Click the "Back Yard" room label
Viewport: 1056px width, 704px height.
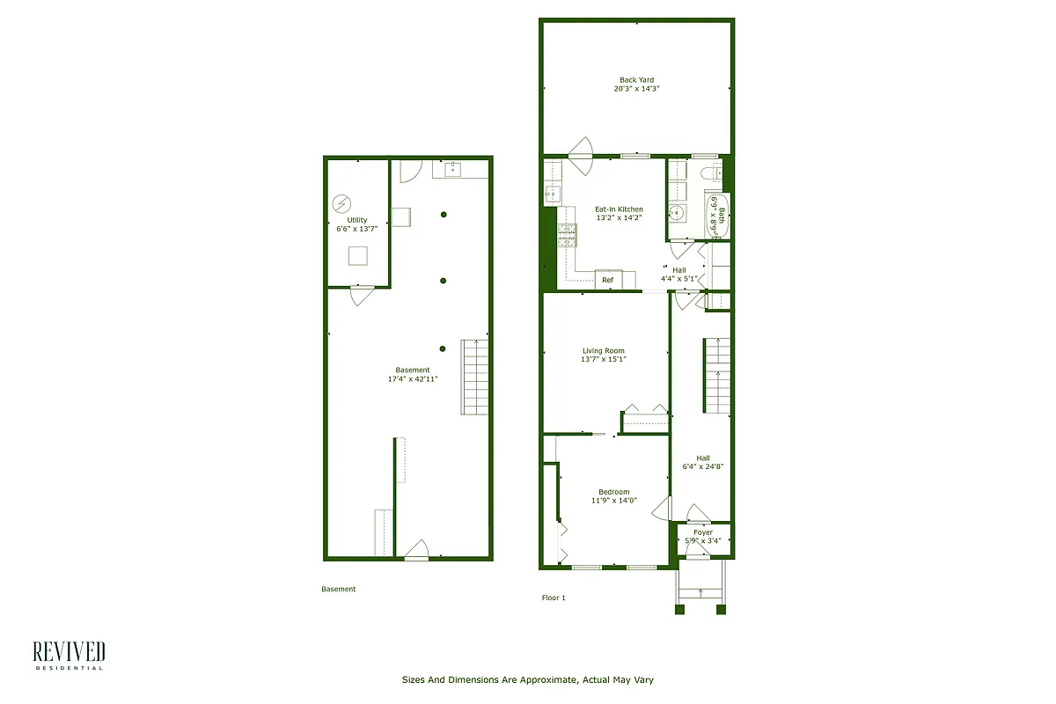point(636,80)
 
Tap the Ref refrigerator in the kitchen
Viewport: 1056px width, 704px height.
point(607,280)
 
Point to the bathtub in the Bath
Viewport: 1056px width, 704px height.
point(717,215)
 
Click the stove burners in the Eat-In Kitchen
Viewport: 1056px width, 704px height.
point(567,233)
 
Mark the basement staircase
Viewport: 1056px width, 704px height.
point(475,377)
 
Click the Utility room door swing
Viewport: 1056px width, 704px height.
point(361,296)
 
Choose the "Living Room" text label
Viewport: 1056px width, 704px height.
point(603,351)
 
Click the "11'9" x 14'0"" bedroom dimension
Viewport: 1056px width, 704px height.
point(613,501)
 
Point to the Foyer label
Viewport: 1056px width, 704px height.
point(702,532)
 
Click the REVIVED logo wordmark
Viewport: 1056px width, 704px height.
point(69,652)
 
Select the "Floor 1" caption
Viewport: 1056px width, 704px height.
point(554,598)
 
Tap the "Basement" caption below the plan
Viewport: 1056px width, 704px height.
point(338,589)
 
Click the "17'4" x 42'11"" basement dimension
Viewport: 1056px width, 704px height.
point(413,379)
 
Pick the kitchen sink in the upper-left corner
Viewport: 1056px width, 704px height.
point(554,194)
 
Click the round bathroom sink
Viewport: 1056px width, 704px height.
point(678,213)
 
